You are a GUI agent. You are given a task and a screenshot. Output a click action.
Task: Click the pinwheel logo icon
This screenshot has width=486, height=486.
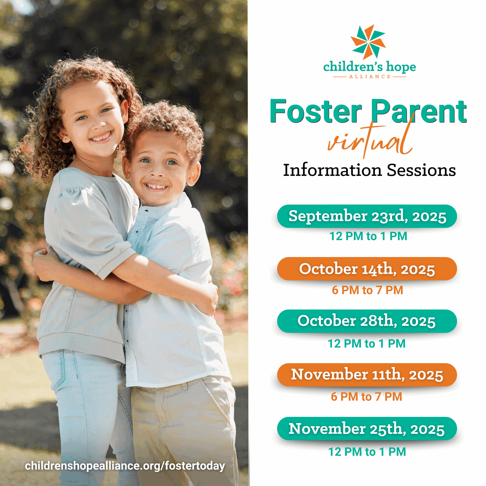(368, 42)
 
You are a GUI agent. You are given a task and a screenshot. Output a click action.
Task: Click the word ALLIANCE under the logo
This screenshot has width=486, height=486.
(370, 77)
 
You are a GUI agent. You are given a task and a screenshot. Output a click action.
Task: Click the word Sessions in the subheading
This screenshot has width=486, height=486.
(421, 170)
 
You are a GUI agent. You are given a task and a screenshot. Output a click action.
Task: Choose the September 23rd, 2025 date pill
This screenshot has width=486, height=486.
(367, 216)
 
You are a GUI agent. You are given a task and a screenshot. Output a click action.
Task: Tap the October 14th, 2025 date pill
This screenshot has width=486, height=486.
(367, 269)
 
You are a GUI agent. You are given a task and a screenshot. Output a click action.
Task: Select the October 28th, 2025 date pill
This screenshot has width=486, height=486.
(367, 321)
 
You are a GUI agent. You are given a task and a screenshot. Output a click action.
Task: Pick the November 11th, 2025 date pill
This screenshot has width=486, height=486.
(367, 375)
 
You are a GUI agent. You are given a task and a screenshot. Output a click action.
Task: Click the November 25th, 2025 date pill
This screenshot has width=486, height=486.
(367, 429)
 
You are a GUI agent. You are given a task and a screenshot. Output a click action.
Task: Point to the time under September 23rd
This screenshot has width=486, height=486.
(368, 236)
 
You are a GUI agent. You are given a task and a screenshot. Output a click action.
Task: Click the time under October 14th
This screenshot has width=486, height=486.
(368, 290)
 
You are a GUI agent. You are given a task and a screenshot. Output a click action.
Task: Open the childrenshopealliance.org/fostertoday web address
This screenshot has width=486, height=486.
(125, 466)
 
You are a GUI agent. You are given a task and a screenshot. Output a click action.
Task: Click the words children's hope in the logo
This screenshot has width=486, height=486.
(370, 67)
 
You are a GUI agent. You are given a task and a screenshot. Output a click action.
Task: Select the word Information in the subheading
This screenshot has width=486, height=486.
(333, 170)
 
